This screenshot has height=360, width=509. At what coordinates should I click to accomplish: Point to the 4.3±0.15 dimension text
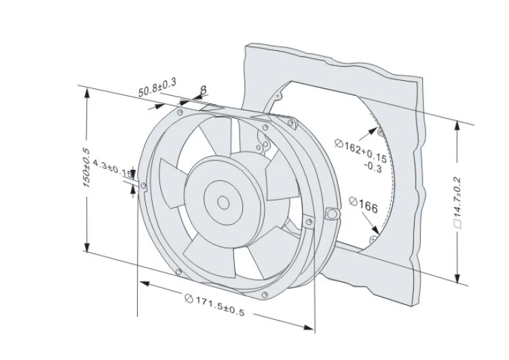click(112, 168)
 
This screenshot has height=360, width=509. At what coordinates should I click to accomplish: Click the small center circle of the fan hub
click(223, 202)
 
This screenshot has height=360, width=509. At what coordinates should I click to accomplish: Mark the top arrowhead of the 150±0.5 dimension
click(87, 93)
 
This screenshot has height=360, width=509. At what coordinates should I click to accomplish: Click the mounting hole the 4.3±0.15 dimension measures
click(145, 184)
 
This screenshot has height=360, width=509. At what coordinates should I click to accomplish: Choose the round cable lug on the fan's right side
click(331, 213)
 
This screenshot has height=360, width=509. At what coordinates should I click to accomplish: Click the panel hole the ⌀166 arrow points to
click(374, 239)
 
